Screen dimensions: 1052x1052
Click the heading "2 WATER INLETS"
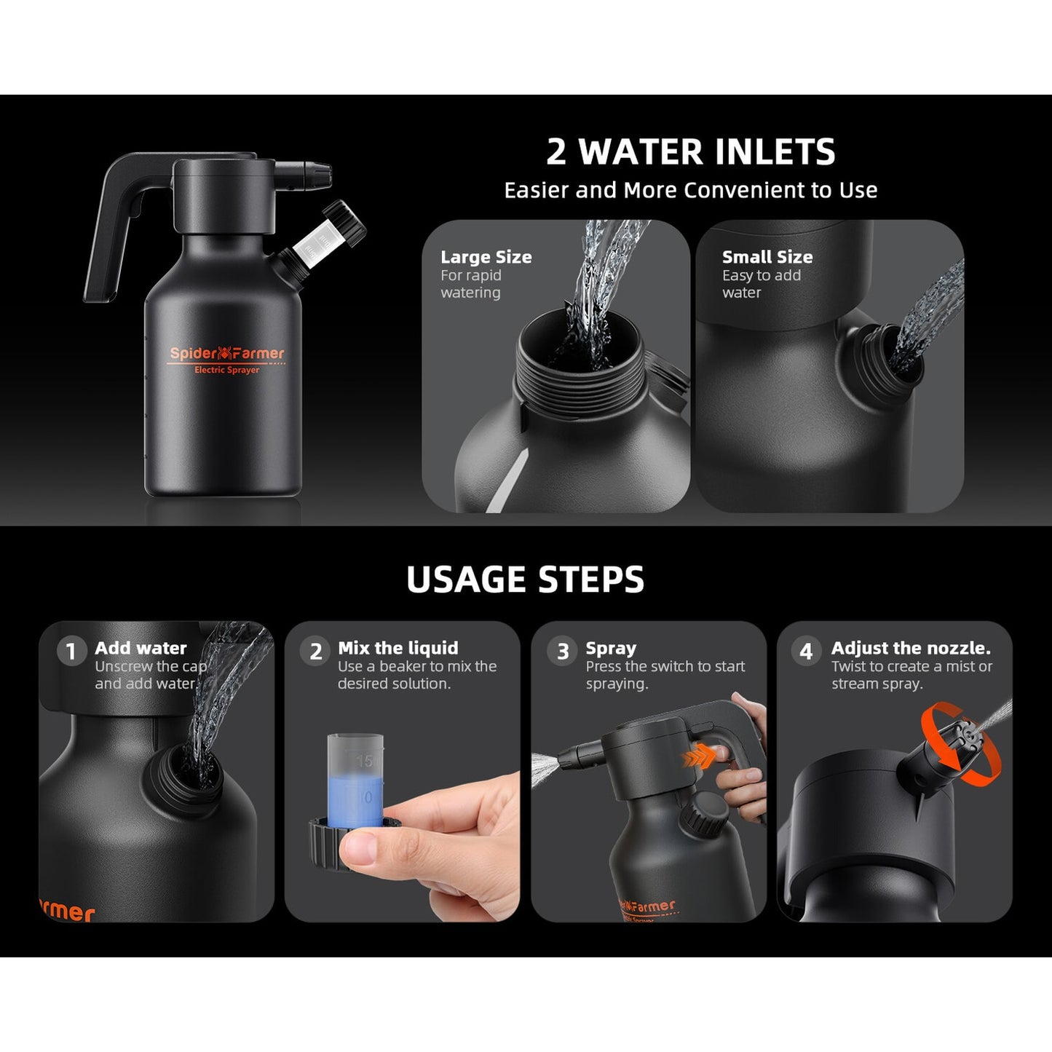691,151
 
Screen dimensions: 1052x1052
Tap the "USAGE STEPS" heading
525,580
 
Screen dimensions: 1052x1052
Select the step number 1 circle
71,652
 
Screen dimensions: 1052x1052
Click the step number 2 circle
315,652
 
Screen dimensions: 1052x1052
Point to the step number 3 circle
563,652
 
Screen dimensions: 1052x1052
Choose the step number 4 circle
807,652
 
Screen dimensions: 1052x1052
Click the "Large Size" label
486,257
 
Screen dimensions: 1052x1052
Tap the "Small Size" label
767,257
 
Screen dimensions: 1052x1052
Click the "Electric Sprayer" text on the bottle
226,370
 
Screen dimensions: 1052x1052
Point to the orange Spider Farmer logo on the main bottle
226,354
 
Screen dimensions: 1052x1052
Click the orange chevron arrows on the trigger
699,758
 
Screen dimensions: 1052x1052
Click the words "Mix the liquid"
398,648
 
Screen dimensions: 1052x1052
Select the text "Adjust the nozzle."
911,648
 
